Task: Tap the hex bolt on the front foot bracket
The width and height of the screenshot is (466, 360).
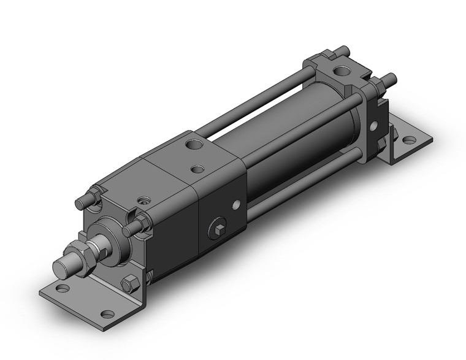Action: pyautogui.click(x=129, y=284)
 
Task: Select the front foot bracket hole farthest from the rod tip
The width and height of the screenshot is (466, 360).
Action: pyautogui.click(x=107, y=315)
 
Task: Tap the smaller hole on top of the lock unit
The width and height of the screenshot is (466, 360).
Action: pyautogui.click(x=197, y=167)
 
